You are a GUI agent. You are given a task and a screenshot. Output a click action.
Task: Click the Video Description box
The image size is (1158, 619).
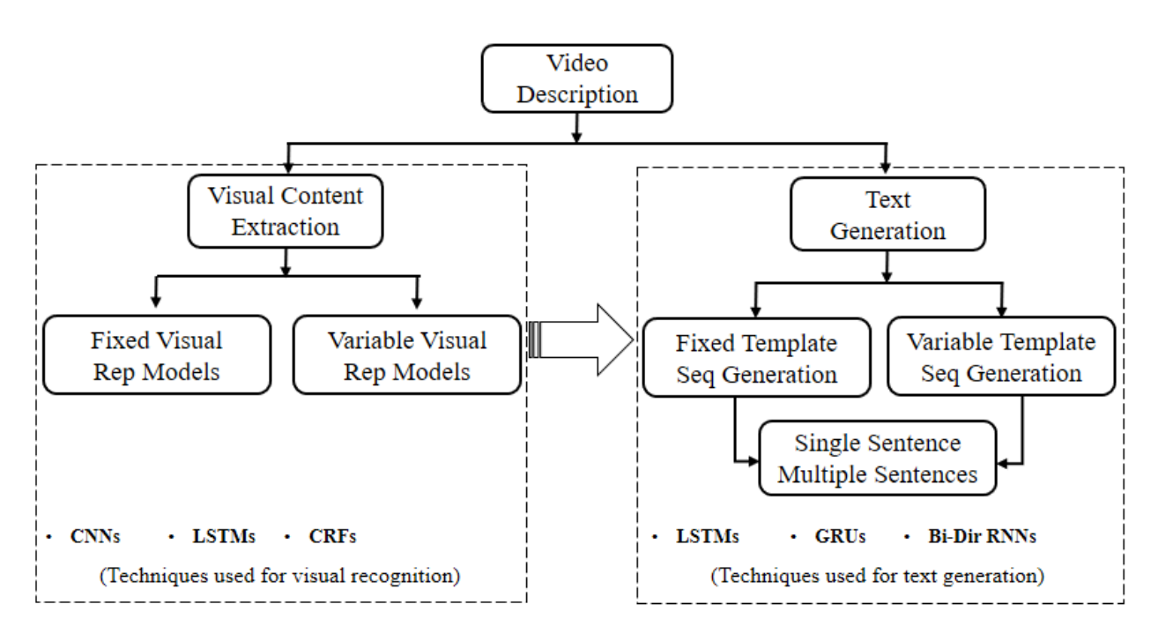[x=577, y=78]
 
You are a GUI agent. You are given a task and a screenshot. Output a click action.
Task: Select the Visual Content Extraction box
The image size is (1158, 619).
[x=285, y=212]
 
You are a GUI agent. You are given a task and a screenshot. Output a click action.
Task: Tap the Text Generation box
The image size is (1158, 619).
[x=887, y=216]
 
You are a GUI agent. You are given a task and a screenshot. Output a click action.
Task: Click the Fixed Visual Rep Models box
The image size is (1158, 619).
[x=156, y=355]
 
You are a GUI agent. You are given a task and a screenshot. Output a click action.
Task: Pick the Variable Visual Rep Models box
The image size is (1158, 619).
[x=406, y=355]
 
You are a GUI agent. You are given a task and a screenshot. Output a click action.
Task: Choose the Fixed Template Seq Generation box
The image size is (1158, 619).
[x=756, y=357]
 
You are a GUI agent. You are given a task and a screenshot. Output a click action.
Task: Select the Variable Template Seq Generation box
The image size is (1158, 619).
[x=1001, y=357]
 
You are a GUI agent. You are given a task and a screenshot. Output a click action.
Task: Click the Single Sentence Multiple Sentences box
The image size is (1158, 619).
[x=877, y=459]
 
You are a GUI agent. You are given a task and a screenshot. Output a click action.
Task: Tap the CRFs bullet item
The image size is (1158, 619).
[x=331, y=535]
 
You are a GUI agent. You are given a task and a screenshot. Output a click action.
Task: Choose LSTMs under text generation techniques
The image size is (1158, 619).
[x=707, y=535]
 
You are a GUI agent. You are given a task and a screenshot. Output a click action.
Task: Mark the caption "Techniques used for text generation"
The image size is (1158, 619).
[x=878, y=576]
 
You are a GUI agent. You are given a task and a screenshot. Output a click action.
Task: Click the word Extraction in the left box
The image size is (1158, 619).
[x=285, y=227]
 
